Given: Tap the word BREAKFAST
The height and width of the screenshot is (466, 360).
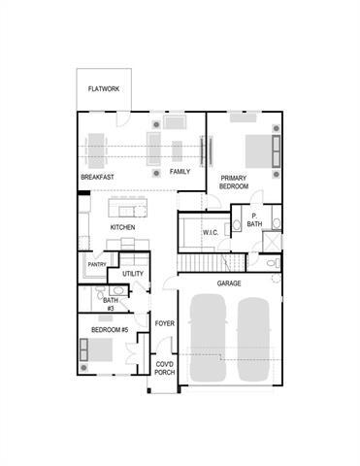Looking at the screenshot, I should (x=98, y=178).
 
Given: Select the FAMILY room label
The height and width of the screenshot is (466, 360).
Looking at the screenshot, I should (x=180, y=172).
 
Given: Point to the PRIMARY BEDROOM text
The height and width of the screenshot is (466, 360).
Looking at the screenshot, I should (x=235, y=182).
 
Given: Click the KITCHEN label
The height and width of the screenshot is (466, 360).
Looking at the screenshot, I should (x=122, y=228).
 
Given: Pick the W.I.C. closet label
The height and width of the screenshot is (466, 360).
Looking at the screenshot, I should (x=212, y=233).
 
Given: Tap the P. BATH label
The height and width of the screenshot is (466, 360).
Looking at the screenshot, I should (x=254, y=220).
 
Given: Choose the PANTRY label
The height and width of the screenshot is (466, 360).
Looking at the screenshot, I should (x=97, y=264).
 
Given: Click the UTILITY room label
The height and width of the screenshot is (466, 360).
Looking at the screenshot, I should (x=133, y=274).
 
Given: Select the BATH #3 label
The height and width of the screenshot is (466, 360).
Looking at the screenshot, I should (x=111, y=304).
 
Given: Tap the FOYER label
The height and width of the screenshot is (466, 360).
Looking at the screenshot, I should (x=164, y=323).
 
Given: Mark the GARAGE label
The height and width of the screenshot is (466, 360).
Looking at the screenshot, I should (x=229, y=283).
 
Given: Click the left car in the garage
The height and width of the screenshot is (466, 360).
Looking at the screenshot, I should (x=207, y=339).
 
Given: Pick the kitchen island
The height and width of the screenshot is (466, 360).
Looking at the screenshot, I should (x=127, y=208).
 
